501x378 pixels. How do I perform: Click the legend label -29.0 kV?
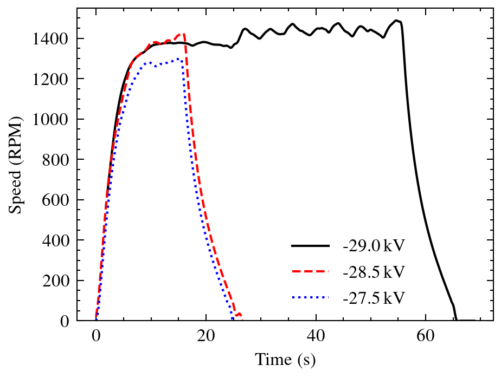tap(373, 246)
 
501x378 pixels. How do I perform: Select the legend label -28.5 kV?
tap(373, 271)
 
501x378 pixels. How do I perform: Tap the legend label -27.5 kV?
tap(373, 297)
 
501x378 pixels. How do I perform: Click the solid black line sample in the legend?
tap(310, 246)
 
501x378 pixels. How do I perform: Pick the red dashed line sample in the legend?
tap(310, 271)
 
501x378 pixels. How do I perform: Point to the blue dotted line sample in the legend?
tap(310, 297)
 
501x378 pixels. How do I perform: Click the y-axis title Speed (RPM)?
tap(16, 165)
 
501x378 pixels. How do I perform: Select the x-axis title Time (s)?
tap(285, 360)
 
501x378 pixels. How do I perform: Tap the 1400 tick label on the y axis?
tap(50, 38)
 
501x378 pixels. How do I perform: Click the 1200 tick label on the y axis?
tap(50, 79)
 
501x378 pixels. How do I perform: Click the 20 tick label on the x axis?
tap(206, 336)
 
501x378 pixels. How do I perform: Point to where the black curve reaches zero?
tap(457, 320)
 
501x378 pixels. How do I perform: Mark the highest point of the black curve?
tap(397, 21)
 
